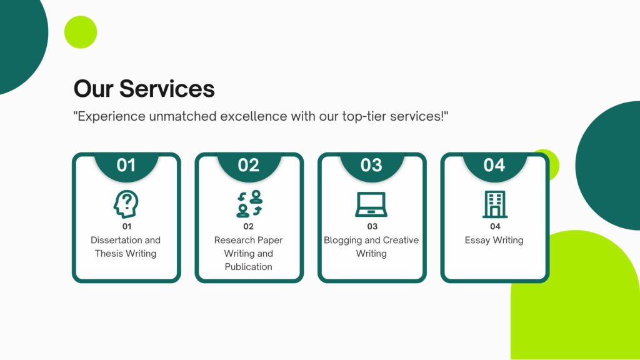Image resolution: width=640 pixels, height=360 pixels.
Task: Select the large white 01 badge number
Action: tap(126, 165)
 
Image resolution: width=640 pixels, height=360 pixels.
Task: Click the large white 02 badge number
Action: tap(249, 165)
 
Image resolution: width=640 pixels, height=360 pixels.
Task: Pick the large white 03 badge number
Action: tap(371, 165)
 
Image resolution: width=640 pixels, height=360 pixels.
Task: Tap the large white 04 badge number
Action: tap(494, 165)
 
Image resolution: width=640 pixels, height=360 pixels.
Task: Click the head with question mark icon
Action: tap(126, 204)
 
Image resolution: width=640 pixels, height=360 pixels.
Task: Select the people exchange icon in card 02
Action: tap(249, 204)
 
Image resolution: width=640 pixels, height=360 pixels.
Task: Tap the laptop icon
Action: tap(371, 204)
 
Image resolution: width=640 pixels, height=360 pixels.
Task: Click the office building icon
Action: tap(495, 204)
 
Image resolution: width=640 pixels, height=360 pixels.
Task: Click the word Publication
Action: tap(249, 266)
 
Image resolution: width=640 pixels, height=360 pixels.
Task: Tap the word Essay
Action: tap(477, 241)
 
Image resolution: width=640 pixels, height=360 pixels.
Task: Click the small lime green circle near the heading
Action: tap(81, 32)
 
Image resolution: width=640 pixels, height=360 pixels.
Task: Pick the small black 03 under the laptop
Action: tap(372, 226)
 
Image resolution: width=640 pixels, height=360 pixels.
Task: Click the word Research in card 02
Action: tap(231, 240)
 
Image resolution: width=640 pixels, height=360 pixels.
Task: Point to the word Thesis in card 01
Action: tap(106, 254)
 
